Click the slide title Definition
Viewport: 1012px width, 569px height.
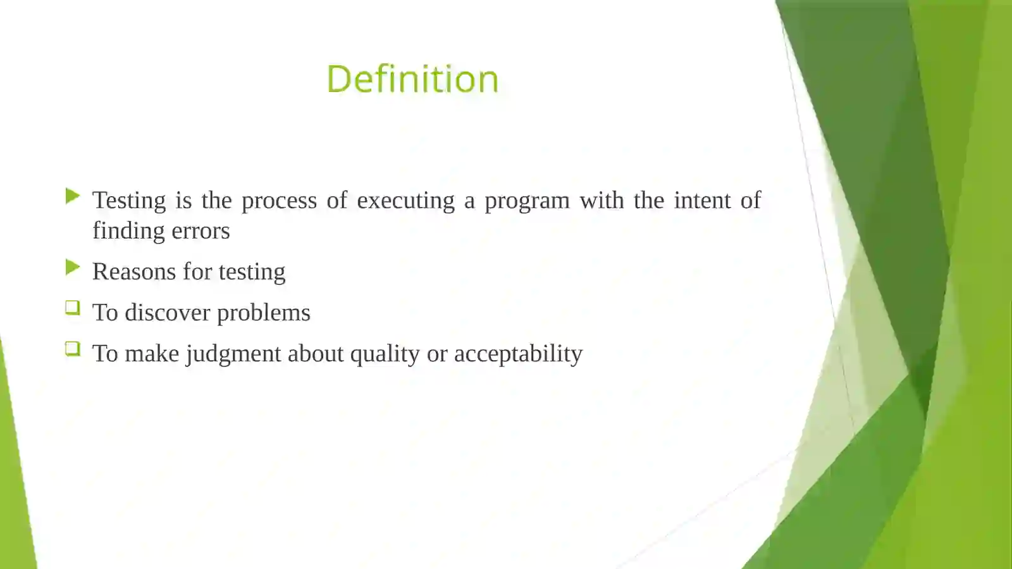[412, 79]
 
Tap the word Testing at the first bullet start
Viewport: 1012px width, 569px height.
[129, 201]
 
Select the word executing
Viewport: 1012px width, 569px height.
[405, 201]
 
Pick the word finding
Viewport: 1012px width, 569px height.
[124, 231]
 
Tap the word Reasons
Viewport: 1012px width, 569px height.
[134, 272]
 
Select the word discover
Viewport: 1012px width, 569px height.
[167, 313]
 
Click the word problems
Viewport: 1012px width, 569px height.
[263, 313]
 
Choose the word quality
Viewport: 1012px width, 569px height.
[385, 354]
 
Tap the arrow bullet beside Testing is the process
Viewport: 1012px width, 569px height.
[72, 196]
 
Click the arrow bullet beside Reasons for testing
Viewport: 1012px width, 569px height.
[72, 268]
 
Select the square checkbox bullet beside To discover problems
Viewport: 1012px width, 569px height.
[72, 308]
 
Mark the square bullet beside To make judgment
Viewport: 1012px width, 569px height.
[72, 349]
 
